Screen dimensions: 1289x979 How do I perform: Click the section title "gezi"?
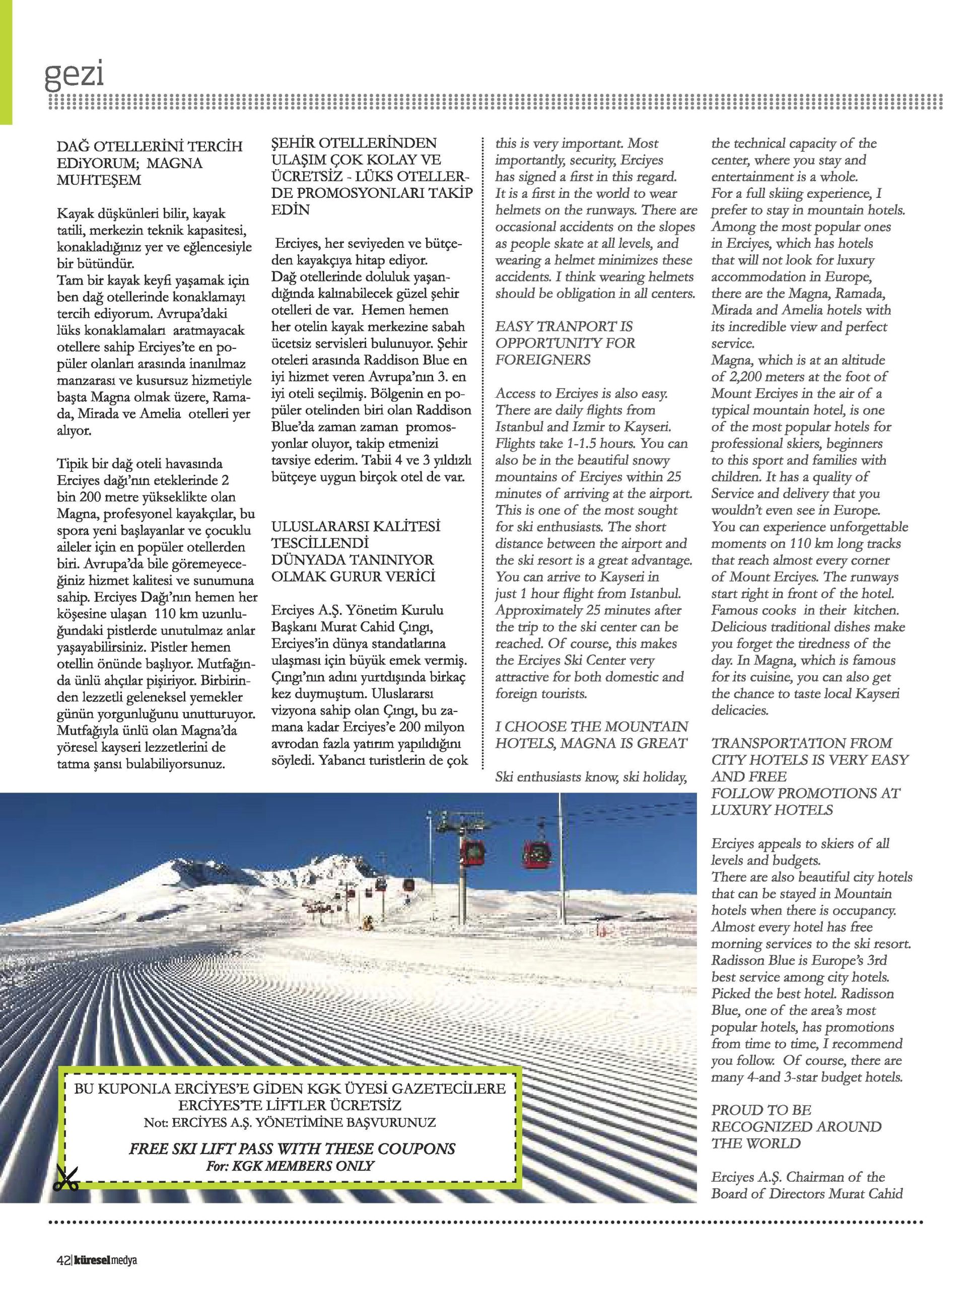coord(74,75)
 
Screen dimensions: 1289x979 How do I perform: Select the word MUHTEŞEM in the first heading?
coord(99,180)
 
